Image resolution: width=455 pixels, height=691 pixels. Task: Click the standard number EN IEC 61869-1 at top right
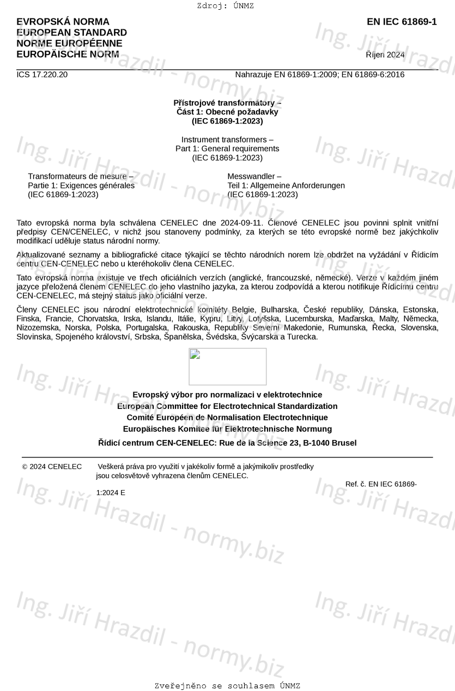click(x=402, y=22)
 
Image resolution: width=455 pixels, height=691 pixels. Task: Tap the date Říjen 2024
click(x=385, y=54)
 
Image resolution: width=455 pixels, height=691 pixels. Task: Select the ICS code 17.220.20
click(x=42, y=75)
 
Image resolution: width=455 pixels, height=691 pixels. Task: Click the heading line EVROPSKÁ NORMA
click(x=63, y=22)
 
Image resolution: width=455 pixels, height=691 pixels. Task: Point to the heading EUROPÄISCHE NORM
click(x=68, y=54)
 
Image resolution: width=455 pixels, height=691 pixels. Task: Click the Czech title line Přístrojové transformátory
click(x=227, y=102)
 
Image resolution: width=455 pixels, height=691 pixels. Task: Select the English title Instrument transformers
click(x=227, y=139)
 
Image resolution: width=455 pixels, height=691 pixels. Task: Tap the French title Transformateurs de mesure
click(x=81, y=176)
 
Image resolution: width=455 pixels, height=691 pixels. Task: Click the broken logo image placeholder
click(x=227, y=366)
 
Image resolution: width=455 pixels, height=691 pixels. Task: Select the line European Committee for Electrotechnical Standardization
click(x=227, y=406)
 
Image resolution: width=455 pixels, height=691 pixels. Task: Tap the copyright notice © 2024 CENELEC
click(x=52, y=467)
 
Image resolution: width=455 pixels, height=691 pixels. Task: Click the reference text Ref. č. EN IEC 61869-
click(x=381, y=484)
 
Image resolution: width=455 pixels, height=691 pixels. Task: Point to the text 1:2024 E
click(x=111, y=493)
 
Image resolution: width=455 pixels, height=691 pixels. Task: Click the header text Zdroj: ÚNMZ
click(x=225, y=6)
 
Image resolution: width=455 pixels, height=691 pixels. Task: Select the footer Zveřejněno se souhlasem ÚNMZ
click(x=227, y=686)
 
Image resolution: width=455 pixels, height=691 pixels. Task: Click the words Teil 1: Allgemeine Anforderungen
click(x=286, y=186)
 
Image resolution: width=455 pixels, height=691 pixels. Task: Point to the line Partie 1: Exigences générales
click(x=81, y=186)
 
